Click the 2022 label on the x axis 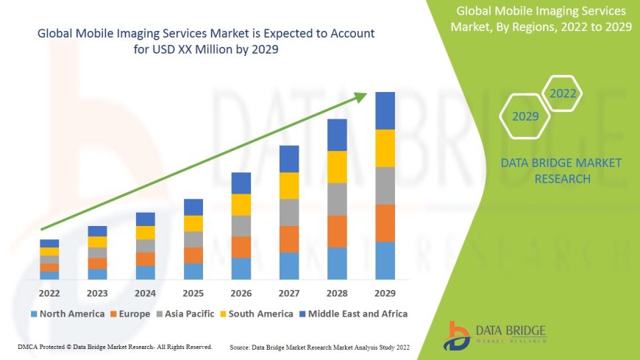[49, 293]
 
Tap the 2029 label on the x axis [385, 293]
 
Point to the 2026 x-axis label [241, 293]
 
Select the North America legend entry [67, 314]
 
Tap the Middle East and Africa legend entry [353, 314]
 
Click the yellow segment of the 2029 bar [385, 148]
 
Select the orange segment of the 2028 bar [337, 231]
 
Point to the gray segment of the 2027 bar [289, 212]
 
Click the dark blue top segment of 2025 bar [193, 207]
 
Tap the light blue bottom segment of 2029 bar [385, 261]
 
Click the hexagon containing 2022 [563, 93]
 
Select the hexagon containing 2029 [525, 116]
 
